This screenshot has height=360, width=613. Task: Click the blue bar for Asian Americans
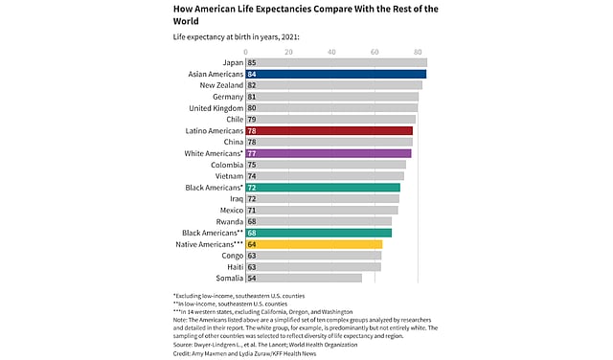[336, 74]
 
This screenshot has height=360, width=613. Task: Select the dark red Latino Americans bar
[329, 130]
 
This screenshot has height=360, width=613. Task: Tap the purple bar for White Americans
[328, 153]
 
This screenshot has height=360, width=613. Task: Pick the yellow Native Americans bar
[314, 244]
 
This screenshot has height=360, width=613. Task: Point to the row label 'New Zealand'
[221, 85]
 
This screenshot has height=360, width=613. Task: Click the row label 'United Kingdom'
[215, 107]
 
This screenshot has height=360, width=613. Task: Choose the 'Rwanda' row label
[228, 221]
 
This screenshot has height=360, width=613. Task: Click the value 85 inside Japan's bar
[252, 62]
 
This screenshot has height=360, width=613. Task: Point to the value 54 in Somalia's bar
[252, 278]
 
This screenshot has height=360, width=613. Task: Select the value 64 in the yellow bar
[252, 244]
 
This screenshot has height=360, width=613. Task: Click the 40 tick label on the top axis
[331, 51]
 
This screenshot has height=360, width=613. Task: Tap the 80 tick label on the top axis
[417, 51]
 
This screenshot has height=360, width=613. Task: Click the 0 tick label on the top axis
[246, 51]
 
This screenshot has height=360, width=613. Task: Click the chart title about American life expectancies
[306, 14]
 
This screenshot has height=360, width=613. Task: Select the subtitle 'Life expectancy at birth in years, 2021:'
[236, 36]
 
